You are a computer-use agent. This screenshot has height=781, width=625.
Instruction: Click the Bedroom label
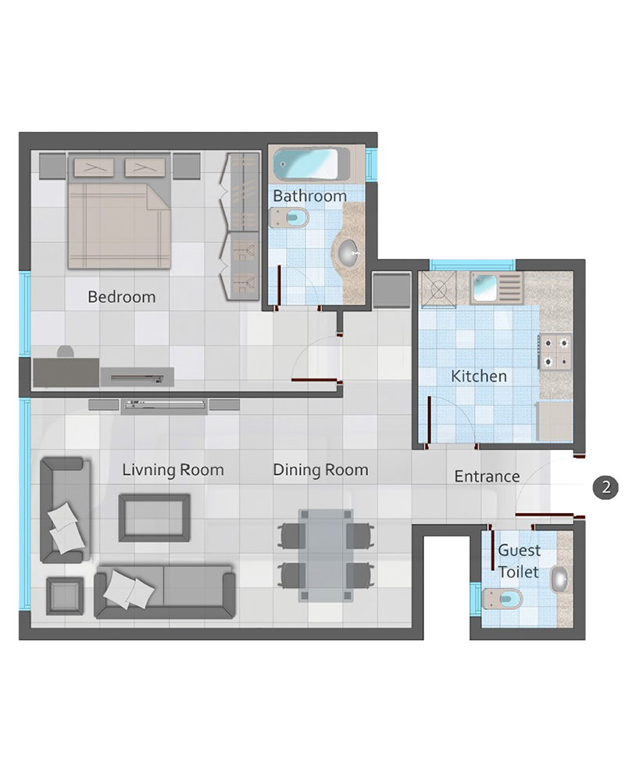tap(122, 297)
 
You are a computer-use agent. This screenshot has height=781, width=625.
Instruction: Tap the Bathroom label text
tap(309, 196)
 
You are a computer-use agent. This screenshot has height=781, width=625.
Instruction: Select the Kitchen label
tap(478, 376)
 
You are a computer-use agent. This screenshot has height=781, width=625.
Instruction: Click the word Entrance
tap(487, 476)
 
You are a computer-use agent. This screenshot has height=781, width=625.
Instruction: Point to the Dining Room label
tap(320, 469)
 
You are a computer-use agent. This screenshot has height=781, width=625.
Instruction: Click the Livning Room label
tap(173, 469)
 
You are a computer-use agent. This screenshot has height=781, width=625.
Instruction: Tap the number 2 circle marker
tap(605, 487)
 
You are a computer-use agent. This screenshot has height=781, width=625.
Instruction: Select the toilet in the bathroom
tap(289, 218)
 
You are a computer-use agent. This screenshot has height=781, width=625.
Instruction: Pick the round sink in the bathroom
tap(348, 253)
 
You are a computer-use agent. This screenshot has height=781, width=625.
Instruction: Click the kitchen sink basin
tap(484, 288)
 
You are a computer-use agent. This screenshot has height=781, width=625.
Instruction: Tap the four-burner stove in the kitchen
tap(555, 352)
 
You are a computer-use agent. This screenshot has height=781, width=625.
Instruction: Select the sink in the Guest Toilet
tap(560, 580)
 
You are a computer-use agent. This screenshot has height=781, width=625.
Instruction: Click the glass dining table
tap(326, 555)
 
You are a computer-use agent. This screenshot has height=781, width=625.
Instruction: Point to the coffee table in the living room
tap(155, 518)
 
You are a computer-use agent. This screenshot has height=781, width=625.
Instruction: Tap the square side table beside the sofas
tap(66, 596)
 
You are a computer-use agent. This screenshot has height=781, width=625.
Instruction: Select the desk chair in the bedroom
tap(66, 351)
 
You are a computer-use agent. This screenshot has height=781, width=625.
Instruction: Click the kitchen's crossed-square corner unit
tap(438, 290)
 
